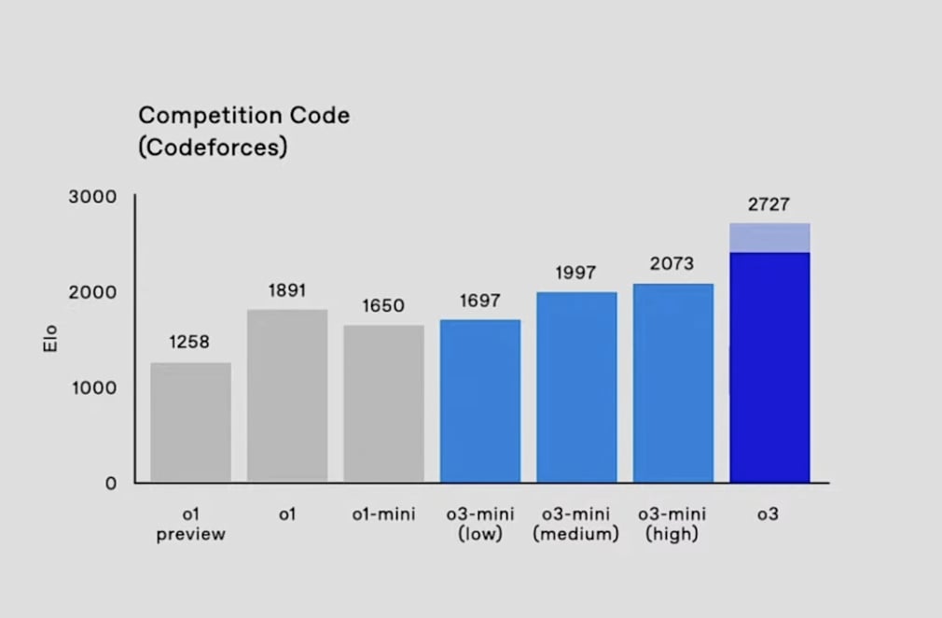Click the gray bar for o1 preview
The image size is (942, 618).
pyautogui.click(x=190, y=422)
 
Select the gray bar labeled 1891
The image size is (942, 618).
pyautogui.click(x=287, y=396)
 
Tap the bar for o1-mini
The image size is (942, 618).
pyautogui.click(x=383, y=403)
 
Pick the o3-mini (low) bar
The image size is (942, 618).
pyautogui.click(x=479, y=400)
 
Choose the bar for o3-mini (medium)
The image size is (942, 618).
pyautogui.click(x=576, y=386)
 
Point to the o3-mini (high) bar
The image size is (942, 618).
pyautogui.click(x=672, y=383)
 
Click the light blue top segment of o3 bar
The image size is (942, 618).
pyautogui.click(x=769, y=238)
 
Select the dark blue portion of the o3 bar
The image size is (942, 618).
pyautogui.click(x=769, y=367)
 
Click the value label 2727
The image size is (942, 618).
pyautogui.click(x=769, y=205)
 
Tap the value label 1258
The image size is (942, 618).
pyautogui.click(x=190, y=343)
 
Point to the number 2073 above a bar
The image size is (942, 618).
pyautogui.click(x=672, y=264)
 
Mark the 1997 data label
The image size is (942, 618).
pyautogui.click(x=575, y=273)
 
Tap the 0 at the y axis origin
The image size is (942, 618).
pyautogui.click(x=111, y=483)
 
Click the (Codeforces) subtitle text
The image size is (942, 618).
pyautogui.click(x=213, y=147)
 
